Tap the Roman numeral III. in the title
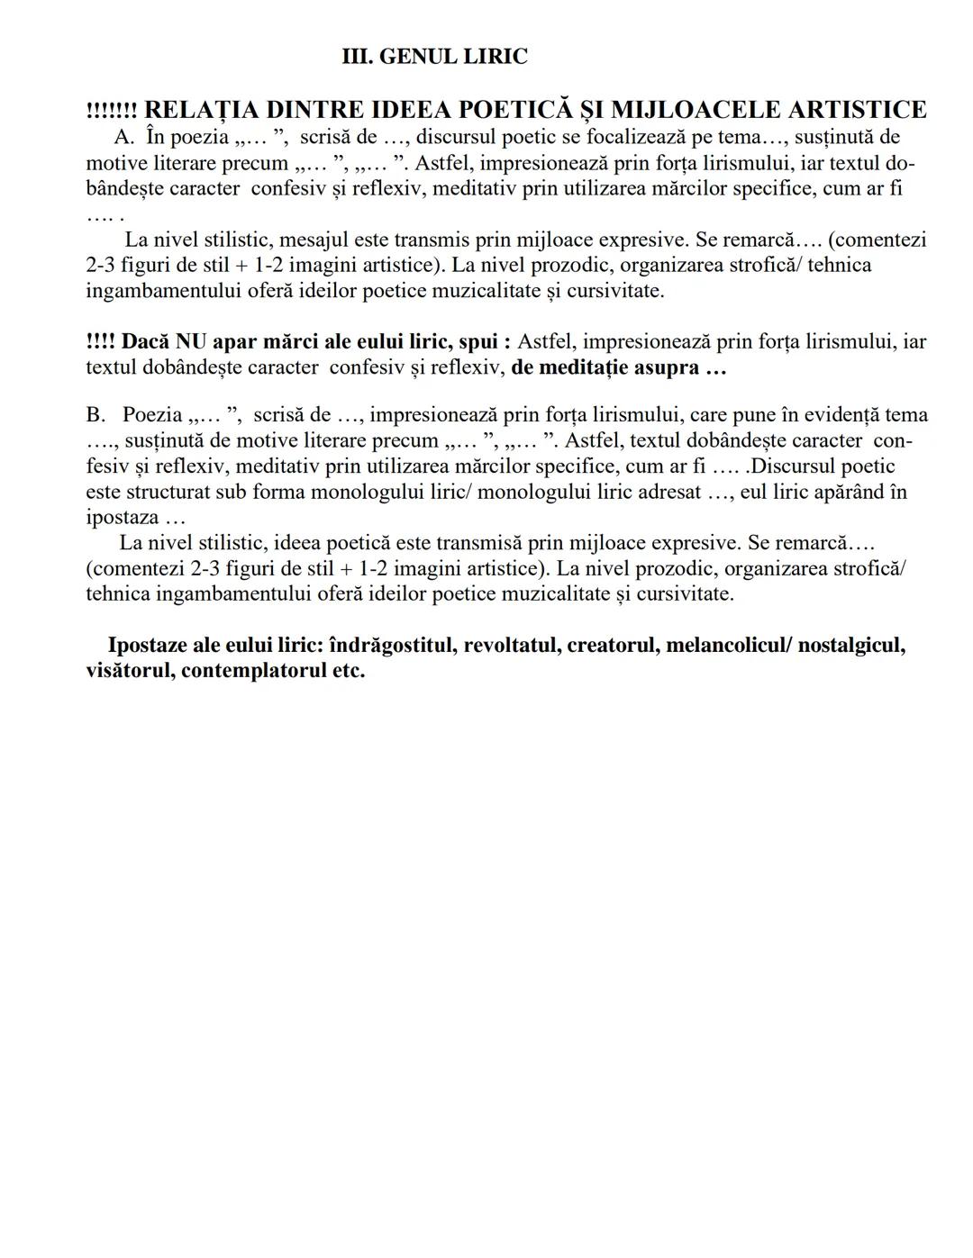pos(358,57)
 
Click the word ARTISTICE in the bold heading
pos(857,110)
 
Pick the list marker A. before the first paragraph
pos(124,138)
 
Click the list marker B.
pos(95,415)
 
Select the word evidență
pos(835,415)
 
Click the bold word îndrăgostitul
pos(394,646)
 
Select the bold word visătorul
pos(129,671)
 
